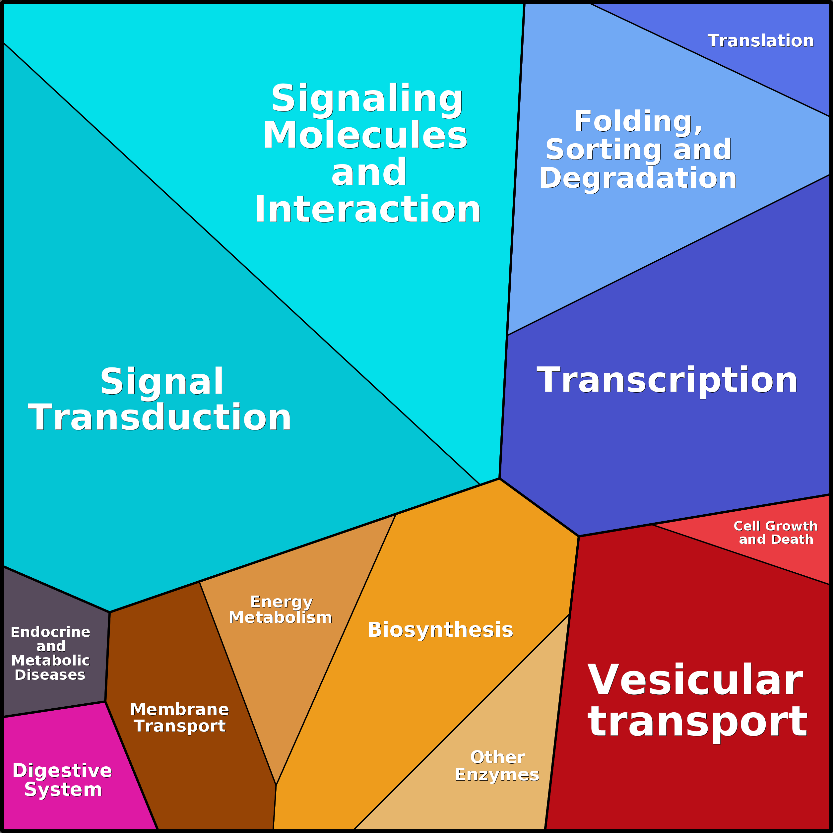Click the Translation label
761,41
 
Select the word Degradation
638,178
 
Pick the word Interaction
368,209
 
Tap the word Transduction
160,417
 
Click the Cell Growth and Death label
776,533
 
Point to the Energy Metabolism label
281,609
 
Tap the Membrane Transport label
179,718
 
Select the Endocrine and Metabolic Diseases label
50,653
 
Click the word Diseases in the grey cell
50,675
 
